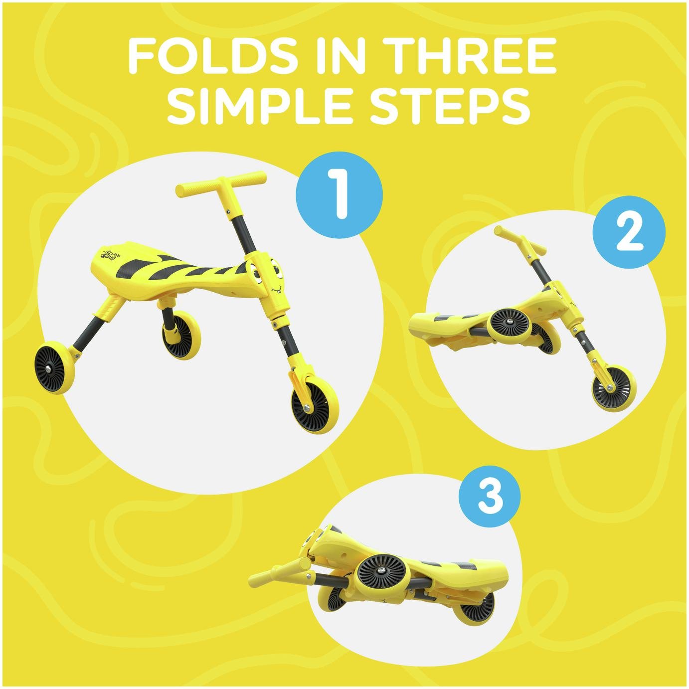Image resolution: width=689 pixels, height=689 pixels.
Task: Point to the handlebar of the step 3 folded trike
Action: (280, 573)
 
